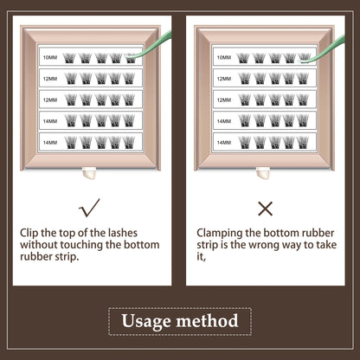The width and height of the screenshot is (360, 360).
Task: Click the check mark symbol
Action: coord(89,209)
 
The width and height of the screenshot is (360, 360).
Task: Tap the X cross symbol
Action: coord(265,209)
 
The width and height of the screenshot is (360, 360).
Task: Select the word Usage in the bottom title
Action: coord(146,321)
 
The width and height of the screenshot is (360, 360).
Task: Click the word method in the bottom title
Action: coord(207,320)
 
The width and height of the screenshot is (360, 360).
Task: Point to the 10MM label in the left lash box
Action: coord(50,57)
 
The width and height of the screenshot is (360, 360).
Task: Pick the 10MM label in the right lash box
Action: coord(224,57)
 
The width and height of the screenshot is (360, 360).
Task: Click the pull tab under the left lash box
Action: coord(89,173)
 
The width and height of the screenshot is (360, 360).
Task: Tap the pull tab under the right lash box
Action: coord(263,173)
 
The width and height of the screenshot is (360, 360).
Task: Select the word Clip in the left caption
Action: coord(29,233)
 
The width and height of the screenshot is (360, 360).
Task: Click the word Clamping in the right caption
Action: coord(220,233)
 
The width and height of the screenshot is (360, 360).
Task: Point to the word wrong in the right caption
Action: coord(264,245)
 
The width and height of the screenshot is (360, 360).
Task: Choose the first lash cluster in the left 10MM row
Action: coord(69,58)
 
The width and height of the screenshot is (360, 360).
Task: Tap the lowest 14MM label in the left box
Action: coord(50,143)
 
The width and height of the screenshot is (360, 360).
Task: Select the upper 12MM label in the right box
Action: coord(224,79)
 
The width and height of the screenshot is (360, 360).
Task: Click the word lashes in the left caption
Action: coord(123,233)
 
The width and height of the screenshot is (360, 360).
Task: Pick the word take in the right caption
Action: coord(326,245)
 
